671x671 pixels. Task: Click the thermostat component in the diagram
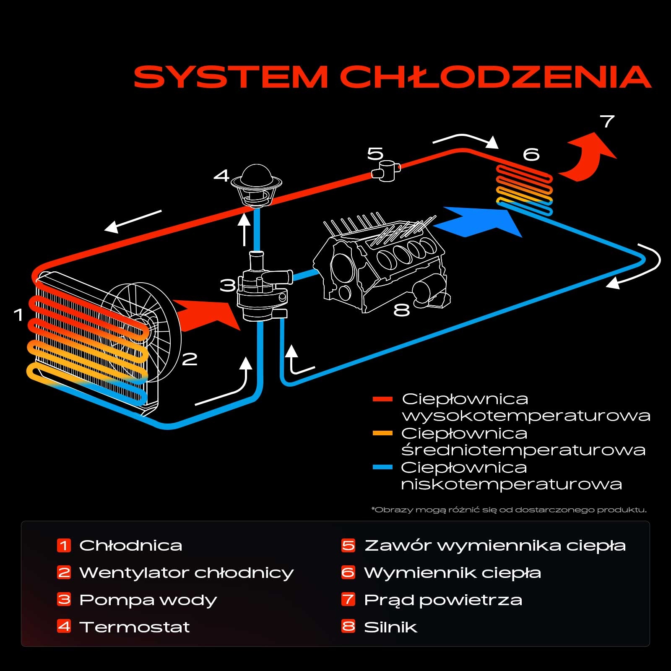click(256, 185)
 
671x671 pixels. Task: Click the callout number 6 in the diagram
click(531, 154)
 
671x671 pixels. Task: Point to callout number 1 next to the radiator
click(18, 315)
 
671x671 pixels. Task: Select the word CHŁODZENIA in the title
click(495, 77)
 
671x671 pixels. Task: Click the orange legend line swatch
click(382, 433)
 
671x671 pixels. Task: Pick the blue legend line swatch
click(382, 467)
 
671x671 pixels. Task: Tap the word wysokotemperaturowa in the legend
click(526, 416)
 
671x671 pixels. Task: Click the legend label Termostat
click(134, 627)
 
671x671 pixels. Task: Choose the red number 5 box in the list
click(348, 545)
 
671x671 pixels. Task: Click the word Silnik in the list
click(390, 627)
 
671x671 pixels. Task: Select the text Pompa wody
click(148, 600)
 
